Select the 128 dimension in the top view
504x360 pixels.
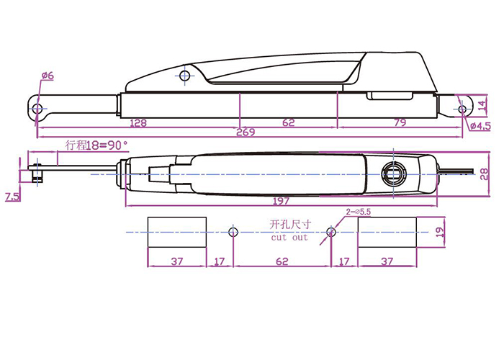click(x=138, y=123)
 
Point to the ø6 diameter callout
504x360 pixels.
click(x=48, y=76)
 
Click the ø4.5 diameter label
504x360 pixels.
click(x=482, y=127)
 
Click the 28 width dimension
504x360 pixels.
click(x=484, y=174)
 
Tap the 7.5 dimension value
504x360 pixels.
click(x=12, y=197)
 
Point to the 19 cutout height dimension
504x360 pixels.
click(x=441, y=232)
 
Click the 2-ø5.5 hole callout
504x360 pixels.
click(x=359, y=212)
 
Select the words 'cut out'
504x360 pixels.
click(x=289, y=236)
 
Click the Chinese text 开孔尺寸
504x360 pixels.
click(x=289, y=224)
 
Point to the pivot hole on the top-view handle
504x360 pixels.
click(x=185, y=76)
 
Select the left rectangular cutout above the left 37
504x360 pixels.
click(x=176, y=232)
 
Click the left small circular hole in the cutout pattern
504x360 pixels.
click(x=232, y=232)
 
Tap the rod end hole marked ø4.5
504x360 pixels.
click(x=462, y=109)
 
